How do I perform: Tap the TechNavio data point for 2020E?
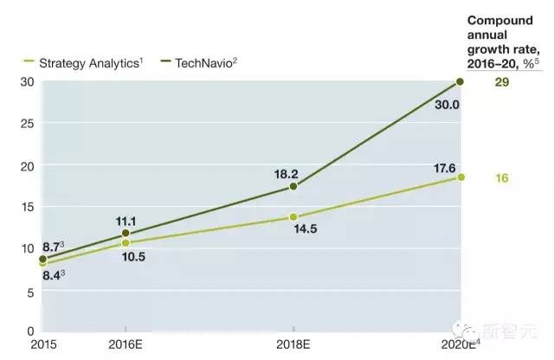coord(460,81)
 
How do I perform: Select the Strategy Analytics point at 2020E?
coord(460,177)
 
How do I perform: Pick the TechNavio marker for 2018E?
coord(293,186)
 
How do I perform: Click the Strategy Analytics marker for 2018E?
coord(293,216)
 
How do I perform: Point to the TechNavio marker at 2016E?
coord(126,233)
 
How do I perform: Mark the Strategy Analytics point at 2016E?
coord(126,243)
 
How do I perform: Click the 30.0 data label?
coord(447,104)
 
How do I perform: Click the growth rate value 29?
coord(501,81)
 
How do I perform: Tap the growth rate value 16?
coord(501,178)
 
